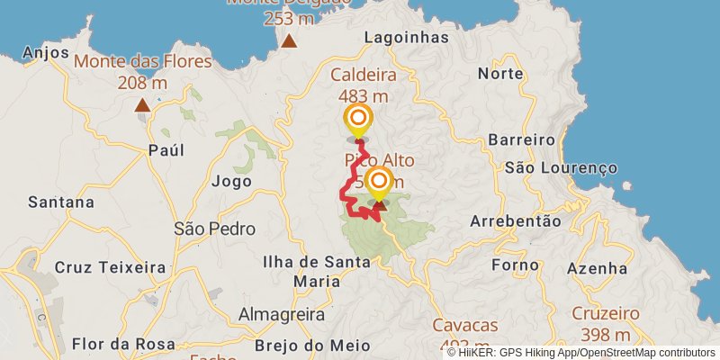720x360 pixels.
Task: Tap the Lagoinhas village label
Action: pos(407,37)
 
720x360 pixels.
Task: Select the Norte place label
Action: pos(500,73)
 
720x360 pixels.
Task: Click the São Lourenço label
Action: pos(561,167)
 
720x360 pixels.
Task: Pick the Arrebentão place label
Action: pos(516,220)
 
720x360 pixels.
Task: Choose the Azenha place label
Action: pos(597,267)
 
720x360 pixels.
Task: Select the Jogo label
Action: pos(231,181)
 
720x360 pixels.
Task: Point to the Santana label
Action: pos(61,202)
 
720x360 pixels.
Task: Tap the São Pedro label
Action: pos(214,229)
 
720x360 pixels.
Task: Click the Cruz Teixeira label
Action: pos(110,267)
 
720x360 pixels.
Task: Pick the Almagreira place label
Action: pos(282,314)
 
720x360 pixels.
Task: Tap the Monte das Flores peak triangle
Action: pos(142,106)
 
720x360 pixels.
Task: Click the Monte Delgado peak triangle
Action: pos(289,40)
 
